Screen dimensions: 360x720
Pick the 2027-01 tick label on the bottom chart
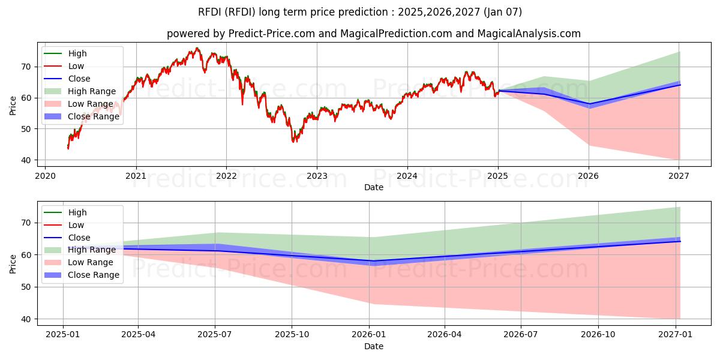coord(676,334)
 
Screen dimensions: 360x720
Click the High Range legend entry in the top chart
coord(92,91)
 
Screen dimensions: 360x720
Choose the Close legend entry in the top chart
coord(79,79)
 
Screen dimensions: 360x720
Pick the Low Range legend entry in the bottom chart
coord(91,262)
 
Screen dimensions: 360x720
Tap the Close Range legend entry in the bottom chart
coord(93,275)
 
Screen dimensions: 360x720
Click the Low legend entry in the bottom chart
coord(76,225)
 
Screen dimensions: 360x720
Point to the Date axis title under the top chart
coord(374,188)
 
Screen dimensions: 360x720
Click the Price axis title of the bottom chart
coord(13,263)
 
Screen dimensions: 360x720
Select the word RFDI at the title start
coord(209,12)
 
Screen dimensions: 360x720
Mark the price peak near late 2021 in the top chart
coord(197,48)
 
